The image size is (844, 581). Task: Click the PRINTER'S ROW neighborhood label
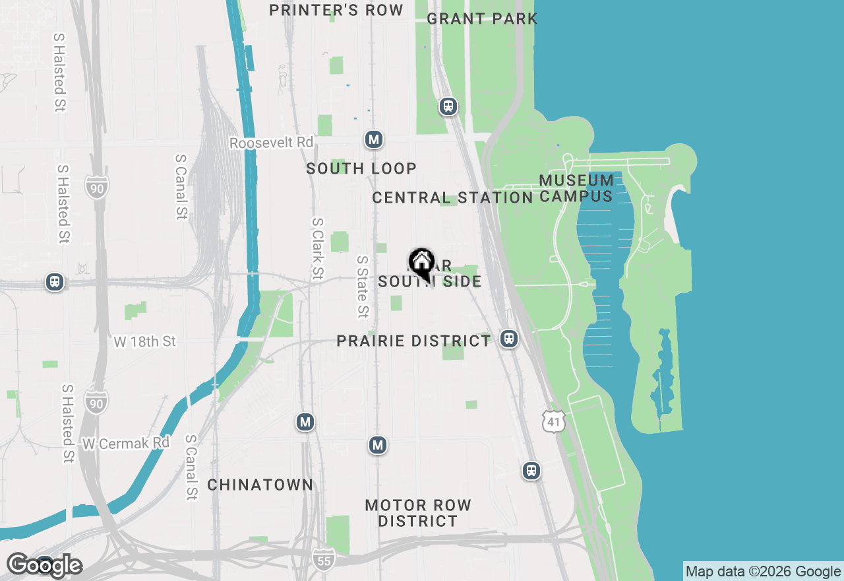(336, 10)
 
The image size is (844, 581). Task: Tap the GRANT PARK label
(482, 18)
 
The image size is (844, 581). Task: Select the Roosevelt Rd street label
(271, 143)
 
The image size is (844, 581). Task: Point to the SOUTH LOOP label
(361, 168)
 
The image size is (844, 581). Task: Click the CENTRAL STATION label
(452, 197)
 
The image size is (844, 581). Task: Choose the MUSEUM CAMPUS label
(576, 188)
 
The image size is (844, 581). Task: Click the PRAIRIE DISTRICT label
(413, 341)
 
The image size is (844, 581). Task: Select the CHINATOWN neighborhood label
(260, 485)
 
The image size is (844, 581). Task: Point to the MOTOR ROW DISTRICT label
(418, 513)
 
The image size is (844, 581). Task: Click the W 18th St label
(145, 341)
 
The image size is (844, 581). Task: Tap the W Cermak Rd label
(126, 443)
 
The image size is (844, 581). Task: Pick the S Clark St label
(318, 249)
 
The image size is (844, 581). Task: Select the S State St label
(362, 287)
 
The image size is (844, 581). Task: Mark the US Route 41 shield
(554, 421)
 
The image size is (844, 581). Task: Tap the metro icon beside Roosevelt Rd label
(374, 139)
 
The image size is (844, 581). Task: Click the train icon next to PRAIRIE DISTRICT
(508, 339)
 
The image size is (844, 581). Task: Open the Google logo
(44, 566)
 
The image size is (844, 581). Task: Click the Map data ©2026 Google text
(763, 571)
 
